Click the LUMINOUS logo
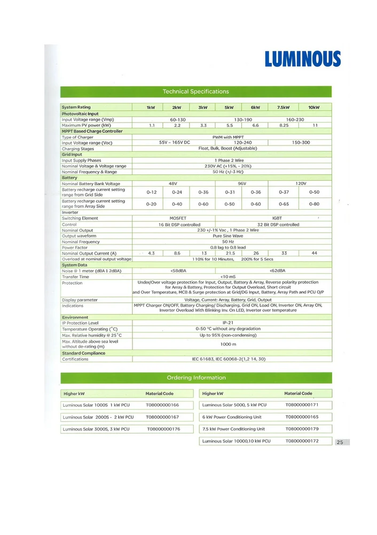click(x=302, y=58)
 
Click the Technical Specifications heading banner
click(x=195, y=91)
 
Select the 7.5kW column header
click(x=283, y=108)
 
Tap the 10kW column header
click(x=314, y=108)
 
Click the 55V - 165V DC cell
click(x=174, y=143)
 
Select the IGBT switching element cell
click(x=277, y=218)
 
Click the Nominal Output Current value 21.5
click(x=230, y=253)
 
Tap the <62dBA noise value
click(x=277, y=271)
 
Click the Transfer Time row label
click(x=75, y=277)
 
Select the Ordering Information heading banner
click(x=195, y=378)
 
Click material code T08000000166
click(x=162, y=405)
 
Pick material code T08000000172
click(x=302, y=441)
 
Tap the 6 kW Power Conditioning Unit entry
click(x=232, y=417)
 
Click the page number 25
click(x=340, y=442)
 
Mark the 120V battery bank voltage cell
click(x=301, y=184)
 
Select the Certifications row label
click(x=75, y=359)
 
